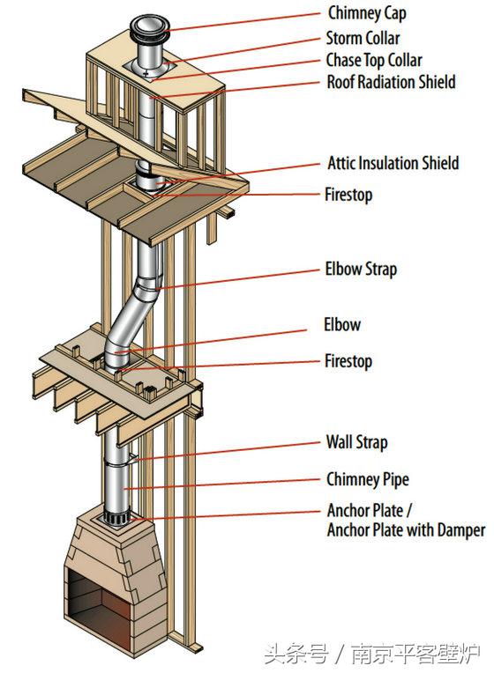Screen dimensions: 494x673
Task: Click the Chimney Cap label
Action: (x=367, y=13)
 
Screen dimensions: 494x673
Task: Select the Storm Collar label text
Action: (x=363, y=38)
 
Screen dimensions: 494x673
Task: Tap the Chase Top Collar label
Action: (x=374, y=61)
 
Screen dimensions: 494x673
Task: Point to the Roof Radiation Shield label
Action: (x=391, y=82)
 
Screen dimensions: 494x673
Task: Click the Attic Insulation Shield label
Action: (x=393, y=163)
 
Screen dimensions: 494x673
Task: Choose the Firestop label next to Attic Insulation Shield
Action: (x=348, y=195)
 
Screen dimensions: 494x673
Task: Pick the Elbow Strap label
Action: (x=361, y=270)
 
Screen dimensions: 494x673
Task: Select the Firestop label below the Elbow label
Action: (x=348, y=361)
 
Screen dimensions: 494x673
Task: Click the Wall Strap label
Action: (x=356, y=442)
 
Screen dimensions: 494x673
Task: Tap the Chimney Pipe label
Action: (x=368, y=479)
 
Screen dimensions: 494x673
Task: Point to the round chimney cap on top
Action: (x=150, y=28)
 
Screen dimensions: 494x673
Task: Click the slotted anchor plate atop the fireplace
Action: (x=117, y=517)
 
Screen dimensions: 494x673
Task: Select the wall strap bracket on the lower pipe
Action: (x=132, y=458)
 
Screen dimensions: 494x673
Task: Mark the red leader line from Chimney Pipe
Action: (x=221, y=484)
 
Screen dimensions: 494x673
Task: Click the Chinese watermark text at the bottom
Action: (x=372, y=655)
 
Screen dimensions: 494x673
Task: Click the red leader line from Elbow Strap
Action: (x=238, y=279)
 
